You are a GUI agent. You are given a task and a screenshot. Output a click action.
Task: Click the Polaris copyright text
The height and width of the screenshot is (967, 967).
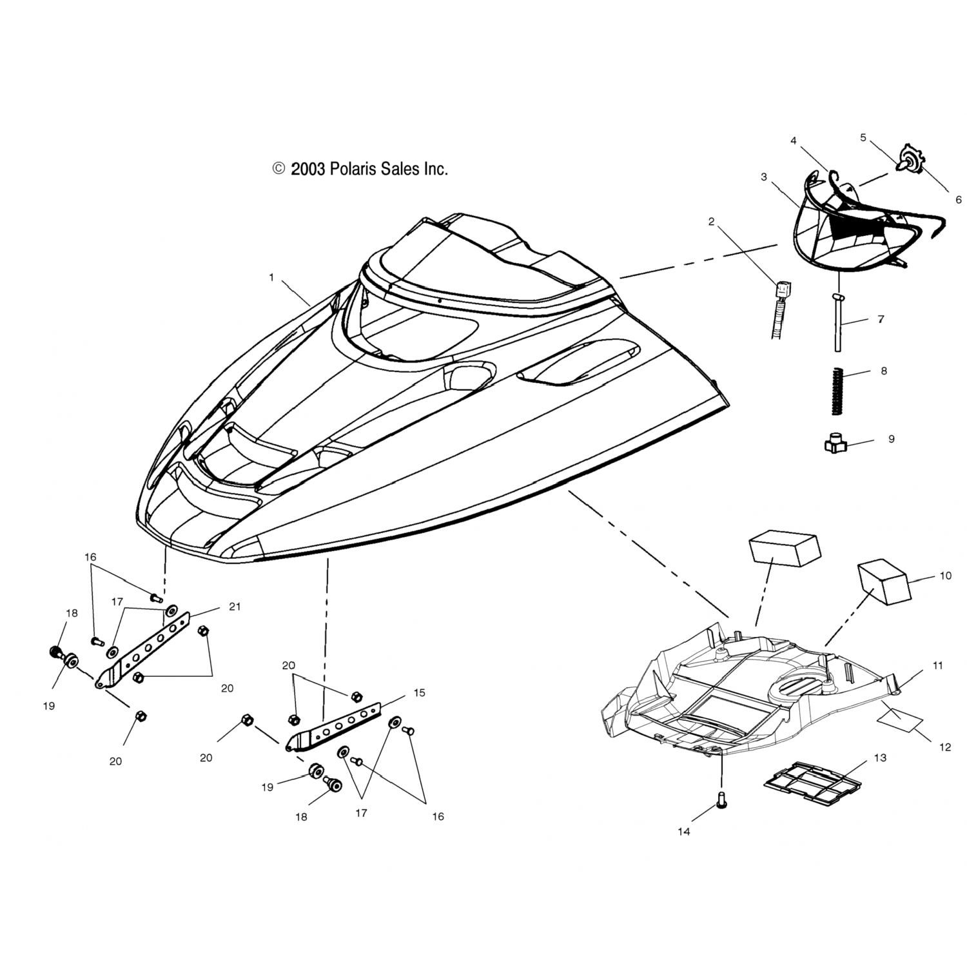(x=360, y=169)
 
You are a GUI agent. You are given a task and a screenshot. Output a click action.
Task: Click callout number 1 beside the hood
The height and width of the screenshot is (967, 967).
(x=271, y=277)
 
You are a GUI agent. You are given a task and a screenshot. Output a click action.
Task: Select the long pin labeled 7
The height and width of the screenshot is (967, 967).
(x=839, y=322)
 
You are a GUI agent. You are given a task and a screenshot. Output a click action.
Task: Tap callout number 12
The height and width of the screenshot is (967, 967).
(x=945, y=747)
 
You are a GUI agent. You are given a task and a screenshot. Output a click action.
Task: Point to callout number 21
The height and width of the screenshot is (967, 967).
(x=235, y=607)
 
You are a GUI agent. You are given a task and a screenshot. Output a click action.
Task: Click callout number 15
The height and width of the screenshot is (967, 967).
(x=420, y=692)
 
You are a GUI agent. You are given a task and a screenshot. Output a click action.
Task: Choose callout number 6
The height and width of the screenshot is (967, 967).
(x=959, y=200)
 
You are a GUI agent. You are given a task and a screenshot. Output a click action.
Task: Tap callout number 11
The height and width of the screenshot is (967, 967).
(x=938, y=665)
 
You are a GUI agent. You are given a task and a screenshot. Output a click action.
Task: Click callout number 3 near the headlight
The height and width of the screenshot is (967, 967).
(x=764, y=177)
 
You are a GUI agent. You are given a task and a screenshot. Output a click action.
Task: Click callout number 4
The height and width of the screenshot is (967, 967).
(x=794, y=141)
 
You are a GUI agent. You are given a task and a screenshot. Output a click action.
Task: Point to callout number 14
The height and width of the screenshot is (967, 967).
(x=684, y=832)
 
